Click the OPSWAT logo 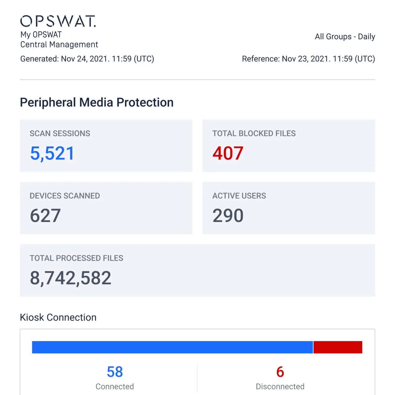click(58, 21)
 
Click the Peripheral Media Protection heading click(97, 102)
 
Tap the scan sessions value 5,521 click(52, 153)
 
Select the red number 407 click(228, 153)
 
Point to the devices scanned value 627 click(45, 216)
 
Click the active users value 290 click(228, 216)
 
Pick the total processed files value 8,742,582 click(71, 278)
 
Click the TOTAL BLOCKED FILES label click(254, 133)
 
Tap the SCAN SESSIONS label click(60, 133)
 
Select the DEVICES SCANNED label click(65, 196)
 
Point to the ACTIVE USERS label click(239, 196)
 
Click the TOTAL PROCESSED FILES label click(76, 258)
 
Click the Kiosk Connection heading click(58, 317)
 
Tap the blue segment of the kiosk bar click(172, 347)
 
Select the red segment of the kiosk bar click(338, 347)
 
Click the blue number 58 click(115, 372)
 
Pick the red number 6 click(280, 372)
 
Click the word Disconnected click(280, 387)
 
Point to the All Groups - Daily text click(345, 37)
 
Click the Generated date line click(87, 59)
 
